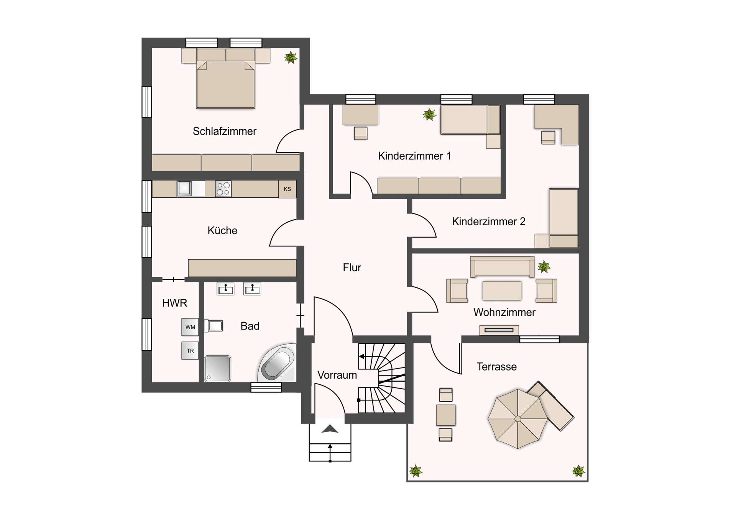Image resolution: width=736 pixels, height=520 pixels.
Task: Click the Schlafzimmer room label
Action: tap(224, 131)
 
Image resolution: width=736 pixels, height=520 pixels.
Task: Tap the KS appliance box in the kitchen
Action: tap(287, 189)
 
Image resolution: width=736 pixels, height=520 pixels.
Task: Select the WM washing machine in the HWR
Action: tap(190, 327)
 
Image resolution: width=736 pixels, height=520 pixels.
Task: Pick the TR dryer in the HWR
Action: tap(190, 351)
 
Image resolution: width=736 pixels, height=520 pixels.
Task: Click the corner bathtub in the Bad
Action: tap(277, 363)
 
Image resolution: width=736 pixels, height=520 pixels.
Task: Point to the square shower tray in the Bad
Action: tap(217, 368)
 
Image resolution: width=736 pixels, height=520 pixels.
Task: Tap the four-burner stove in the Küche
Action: tap(223, 189)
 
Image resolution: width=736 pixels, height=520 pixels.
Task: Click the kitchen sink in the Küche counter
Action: tap(185, 189)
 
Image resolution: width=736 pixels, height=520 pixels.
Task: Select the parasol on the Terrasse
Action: tap(517, 418)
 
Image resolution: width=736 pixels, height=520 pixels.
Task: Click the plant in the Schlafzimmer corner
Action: tap(291, 57)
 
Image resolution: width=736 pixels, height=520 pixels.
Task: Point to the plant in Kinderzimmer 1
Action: tap(429, 114)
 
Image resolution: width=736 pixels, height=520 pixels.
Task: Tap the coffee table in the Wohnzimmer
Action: tap(502, 290)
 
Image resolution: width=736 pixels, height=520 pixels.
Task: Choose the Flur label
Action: tap(352, 267)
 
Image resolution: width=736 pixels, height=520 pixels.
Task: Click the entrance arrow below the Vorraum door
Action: tap(330, 429)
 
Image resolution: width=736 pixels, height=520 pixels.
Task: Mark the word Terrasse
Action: tap(496, 367)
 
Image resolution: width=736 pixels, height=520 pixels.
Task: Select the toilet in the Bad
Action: tap(214, 326)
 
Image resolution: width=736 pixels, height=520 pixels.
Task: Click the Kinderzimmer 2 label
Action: tap(488, 221)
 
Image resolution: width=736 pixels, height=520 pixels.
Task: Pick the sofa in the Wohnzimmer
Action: tap(502, 266)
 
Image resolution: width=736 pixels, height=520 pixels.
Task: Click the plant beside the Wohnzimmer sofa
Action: tap(544, 266)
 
